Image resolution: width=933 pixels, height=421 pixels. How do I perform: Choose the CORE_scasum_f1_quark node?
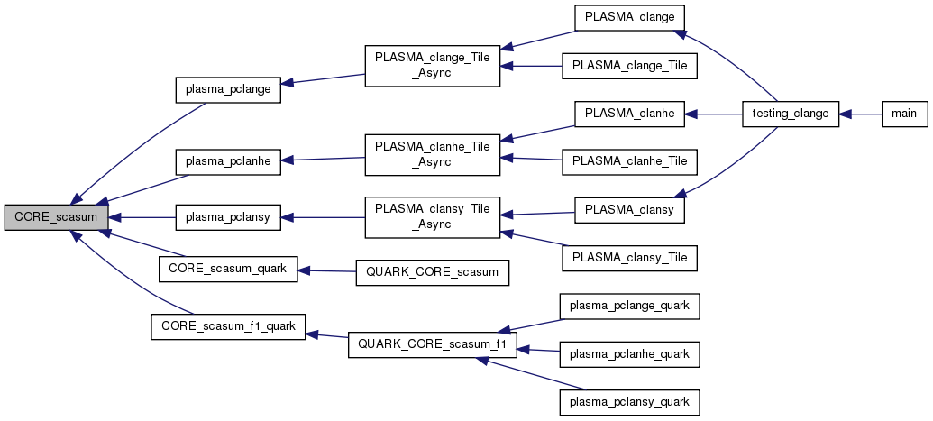click(x=227, y=324)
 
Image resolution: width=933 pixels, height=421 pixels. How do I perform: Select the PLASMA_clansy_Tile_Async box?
click(x=433, y=217)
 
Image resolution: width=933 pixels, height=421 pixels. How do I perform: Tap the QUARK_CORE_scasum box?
click(x=433, y=271)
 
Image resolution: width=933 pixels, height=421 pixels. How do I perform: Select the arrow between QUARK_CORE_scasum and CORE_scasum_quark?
click(x=327, y=270)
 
